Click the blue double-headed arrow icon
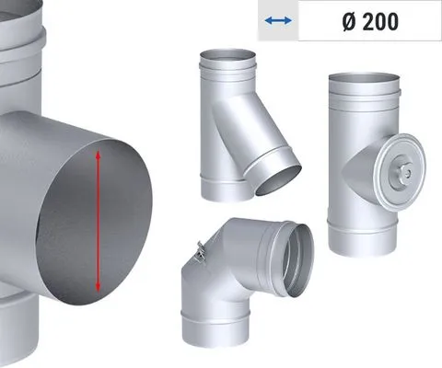pos(278,21)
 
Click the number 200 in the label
pos(380,21)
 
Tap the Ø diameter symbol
pos(350,22)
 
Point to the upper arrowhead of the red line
pos(98,155)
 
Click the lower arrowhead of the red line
pos(98,287)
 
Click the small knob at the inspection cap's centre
pos(407,174)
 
